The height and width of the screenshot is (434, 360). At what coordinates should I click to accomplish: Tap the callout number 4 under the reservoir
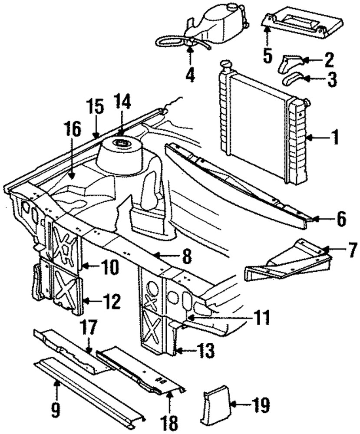[190, 74]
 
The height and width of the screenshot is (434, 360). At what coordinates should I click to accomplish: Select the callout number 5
[268, 55]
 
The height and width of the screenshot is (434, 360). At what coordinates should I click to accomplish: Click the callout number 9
[55, 409]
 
